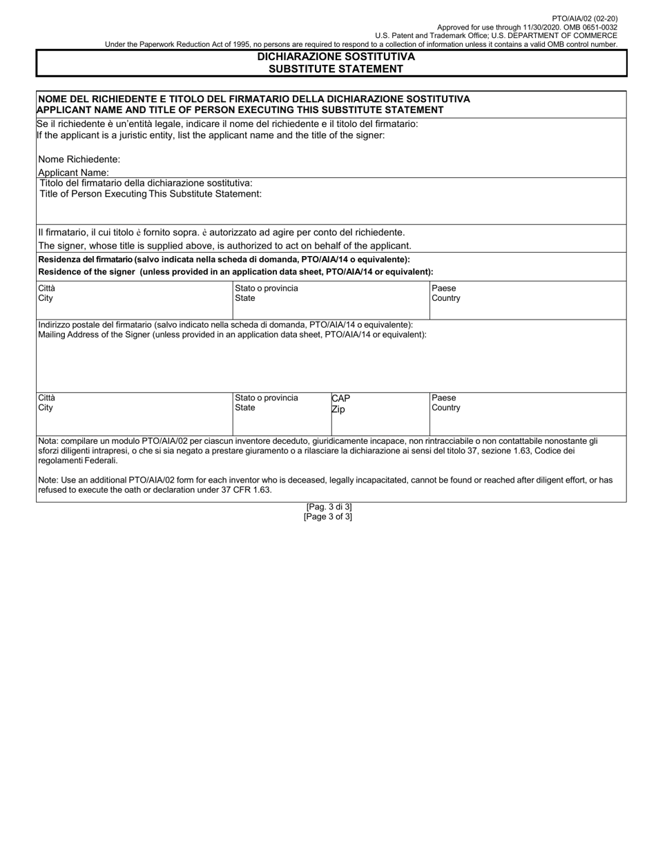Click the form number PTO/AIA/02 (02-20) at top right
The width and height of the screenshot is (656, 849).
pyautogui.click(x=586, y=19)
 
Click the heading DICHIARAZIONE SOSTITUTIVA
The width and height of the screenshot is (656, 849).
pyautogui.click(x=336, y=57)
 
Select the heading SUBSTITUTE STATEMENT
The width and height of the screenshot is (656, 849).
pyautogui.click(x=336, y=68)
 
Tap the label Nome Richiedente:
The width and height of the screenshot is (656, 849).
pyautogui.click(x=79, y=159)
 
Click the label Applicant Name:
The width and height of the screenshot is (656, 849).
pyautogui.click(x=73, y=173)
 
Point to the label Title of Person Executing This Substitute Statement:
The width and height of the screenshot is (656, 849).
pyautogui.click(x=151, y=194)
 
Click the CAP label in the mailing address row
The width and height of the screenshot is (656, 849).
pyautogui.click(x=341, y=398)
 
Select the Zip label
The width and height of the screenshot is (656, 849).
pyautogui.click(x=338, y=409)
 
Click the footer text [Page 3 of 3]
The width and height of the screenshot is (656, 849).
pyautogui.click(x=328, y=516)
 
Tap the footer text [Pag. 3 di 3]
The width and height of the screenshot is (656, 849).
pyautogui.click(x=329, y=507)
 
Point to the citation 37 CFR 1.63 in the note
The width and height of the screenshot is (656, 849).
pyautogui.click(x=247, y=490)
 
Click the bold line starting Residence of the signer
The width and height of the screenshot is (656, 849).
pyautogui.click(x=235, y=272)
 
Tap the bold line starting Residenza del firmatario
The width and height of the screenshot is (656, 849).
pyautogui.click(x=224, y=260)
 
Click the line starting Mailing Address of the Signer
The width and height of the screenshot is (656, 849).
pyautogui.click(x=232, y=334)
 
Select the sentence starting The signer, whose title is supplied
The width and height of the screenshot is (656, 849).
pyautogui.click(x=224, y=246)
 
